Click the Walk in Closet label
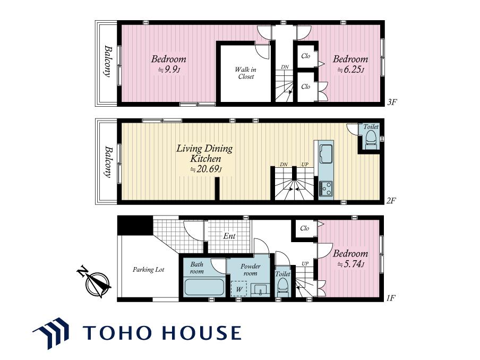(x=245, y=73)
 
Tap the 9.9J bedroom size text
(x=169, y=70)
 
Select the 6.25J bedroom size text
(x=351, y=70)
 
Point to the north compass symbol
(x=95, y=282)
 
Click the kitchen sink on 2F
(x=325, y=154)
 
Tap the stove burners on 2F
(x=325, y=188)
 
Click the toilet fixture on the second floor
(x=371, y=140)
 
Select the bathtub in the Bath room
(x=204, y=287)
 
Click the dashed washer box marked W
(x=239, y=289)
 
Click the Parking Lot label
(x=149, y=270)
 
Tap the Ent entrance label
(x=229, y=236)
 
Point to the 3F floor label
(x=391, y=102)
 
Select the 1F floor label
(x=391, y=297)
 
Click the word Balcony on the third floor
(x=107, y=61)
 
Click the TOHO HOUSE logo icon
(x=51, y=333)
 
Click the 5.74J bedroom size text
(x=351, y=264)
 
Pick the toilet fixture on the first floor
(x=282, y=287)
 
